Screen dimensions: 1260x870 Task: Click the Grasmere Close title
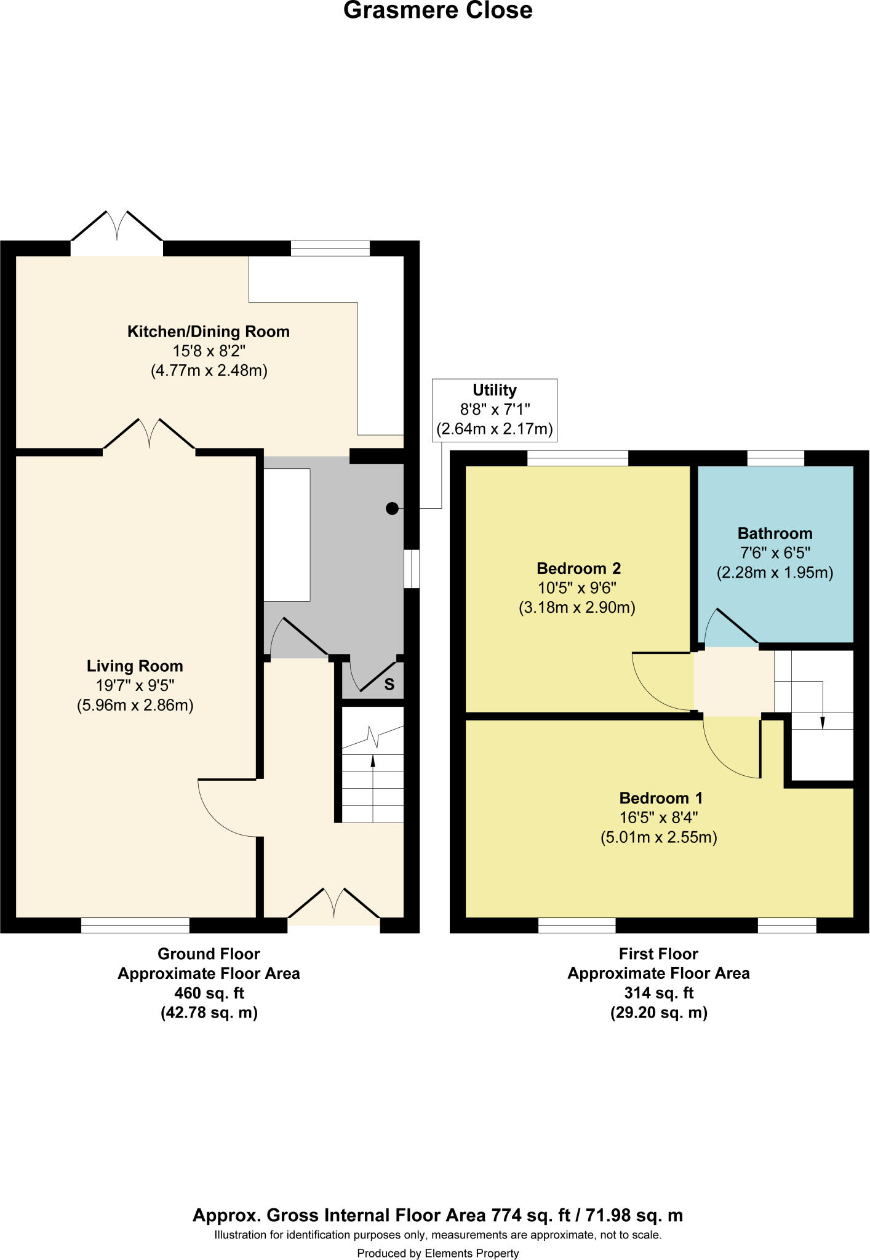point(437,10)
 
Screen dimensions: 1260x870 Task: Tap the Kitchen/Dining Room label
point(208,332)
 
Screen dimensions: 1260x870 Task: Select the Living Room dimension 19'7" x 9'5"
point(135,685)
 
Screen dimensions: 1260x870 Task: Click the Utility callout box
point(495,409)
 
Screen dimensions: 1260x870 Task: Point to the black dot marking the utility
point(392,508)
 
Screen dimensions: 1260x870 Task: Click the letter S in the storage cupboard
point(389,684)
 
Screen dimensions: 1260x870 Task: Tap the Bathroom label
point(775,533)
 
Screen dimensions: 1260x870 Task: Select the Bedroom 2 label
point(578,568)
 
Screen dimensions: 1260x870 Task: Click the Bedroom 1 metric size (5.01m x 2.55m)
point(658,837)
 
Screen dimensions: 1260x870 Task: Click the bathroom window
point(775,458)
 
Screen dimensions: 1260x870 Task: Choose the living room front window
point(135,925)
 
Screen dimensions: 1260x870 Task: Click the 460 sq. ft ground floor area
point(209,993)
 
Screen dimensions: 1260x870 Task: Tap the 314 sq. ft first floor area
point(658,993)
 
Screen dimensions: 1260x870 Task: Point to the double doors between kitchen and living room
point(150,437)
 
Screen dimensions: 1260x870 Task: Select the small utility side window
point(412,568)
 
